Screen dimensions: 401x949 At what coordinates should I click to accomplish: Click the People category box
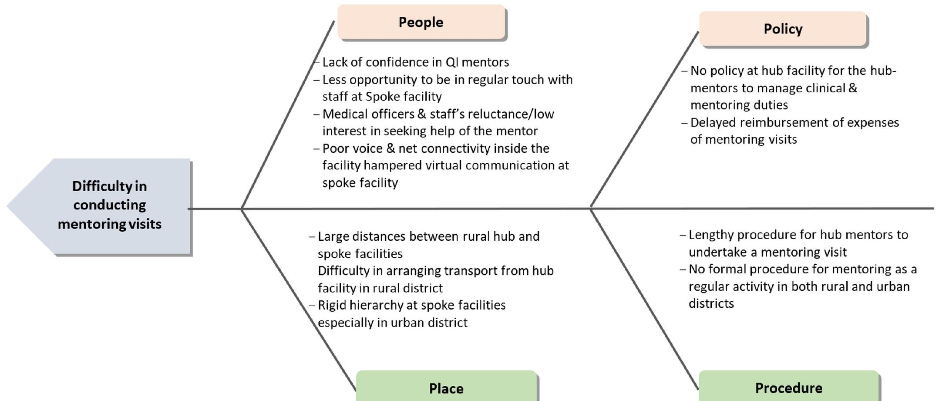point(421,22)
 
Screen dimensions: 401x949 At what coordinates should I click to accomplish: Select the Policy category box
point(783,29)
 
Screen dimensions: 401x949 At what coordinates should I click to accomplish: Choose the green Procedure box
point(788,387)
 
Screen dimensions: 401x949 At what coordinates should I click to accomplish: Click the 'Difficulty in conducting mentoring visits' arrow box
point(109,205)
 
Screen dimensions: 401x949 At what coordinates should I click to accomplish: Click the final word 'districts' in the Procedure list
point(711,303)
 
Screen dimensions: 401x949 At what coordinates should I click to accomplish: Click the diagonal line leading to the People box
point(287,115)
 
